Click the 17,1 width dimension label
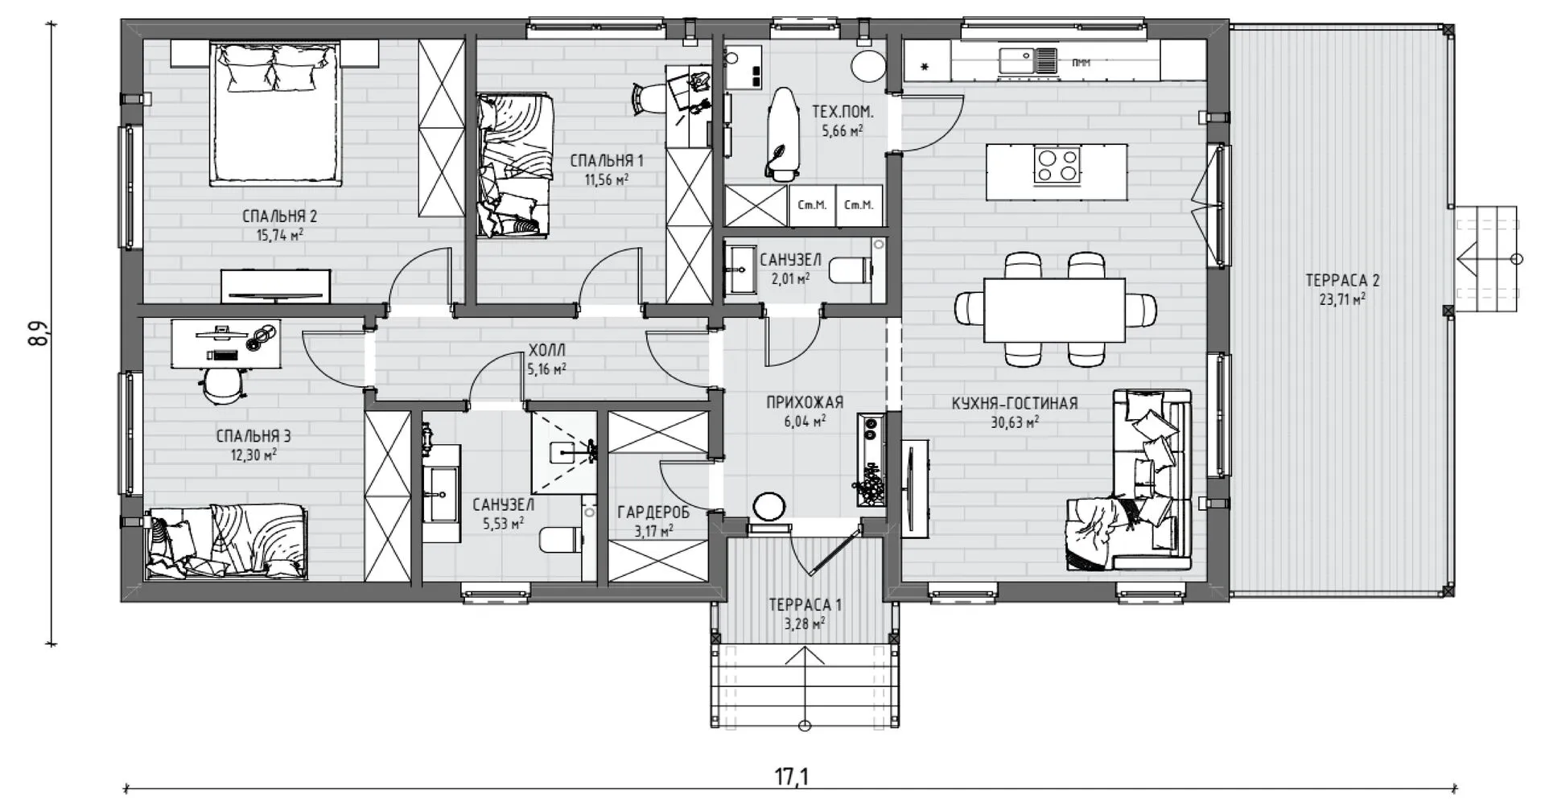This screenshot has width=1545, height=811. (x=792, y=776)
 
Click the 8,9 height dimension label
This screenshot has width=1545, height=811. (x=39, y=334)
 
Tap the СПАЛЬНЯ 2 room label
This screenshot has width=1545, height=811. (x=279, y=216)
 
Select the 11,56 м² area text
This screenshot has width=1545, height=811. (x=607, y=180)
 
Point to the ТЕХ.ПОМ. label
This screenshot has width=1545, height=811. (x=843, y=113)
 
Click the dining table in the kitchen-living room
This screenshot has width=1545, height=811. (x=1055, y=310)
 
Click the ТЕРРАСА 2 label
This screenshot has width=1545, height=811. (x=1342, y=281)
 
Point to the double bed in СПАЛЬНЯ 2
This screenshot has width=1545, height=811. (x=274, y=113)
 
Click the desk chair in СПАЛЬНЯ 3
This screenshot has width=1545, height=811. (x=222, y=385)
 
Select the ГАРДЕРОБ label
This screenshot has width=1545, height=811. (x=653, y=513)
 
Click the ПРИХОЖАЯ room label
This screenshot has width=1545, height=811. (x=805, y=402)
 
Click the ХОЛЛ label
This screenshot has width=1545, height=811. (x=547, y=350)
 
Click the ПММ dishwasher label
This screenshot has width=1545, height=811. (x=1081, y=62)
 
